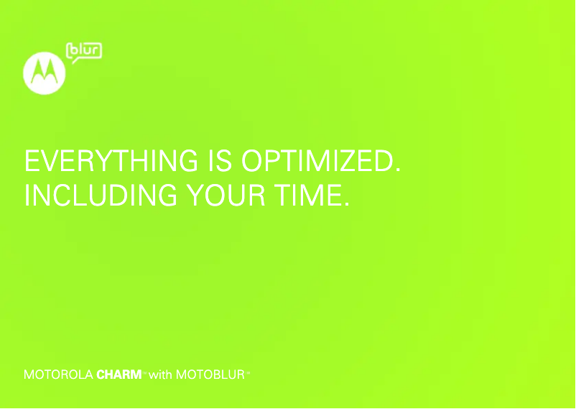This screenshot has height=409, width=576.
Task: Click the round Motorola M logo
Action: pyautogui.click(x=44, y=73)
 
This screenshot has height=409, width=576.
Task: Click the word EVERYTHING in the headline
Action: pyautogui.click(x=111, y=161)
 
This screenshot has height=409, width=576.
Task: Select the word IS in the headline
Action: pyautogui.click(x=220, y=161)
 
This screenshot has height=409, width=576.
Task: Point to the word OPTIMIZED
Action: pyautogui.click(x=317, y=161)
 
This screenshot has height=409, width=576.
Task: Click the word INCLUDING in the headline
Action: pyautogui.click(x=101, y=195)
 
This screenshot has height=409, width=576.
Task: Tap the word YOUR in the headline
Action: pyautogui.click(x=226, y=195)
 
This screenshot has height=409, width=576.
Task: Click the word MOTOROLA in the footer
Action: pyautogui.click(x=58, y=374)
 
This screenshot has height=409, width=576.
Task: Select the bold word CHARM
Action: pyautogui.click(x=119, y=374)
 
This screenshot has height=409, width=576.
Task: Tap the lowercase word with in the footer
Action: pyautogui.click(x=160, y=374)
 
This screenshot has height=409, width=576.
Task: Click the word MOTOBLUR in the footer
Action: pyautogui.click(x=210, y=374)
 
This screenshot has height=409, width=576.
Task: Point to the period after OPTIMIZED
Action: pyautogui.click(x=398, y=170)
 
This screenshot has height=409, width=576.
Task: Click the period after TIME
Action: pyautogui.click(x=347, y=203)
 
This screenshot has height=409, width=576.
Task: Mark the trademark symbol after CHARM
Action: pyautogui.click(x=144, y=372)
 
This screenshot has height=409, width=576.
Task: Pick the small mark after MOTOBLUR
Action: pyautogui.click(x=248, y=372)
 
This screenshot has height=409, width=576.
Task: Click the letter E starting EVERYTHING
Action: pyautogui.click(x=32, y=161)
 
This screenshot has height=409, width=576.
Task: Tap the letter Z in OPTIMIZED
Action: pyautogui.click(x=349, y=161)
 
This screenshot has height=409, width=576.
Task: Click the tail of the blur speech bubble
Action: pyautogui.click(x=75, y=61)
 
